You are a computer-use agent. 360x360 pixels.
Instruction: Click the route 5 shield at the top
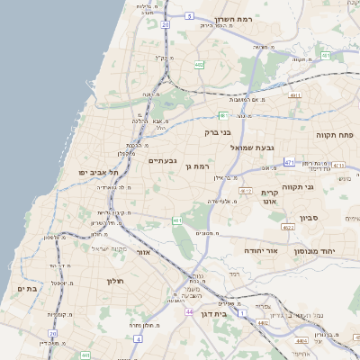[189, 15]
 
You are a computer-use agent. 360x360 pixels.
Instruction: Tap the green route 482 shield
[198, 64]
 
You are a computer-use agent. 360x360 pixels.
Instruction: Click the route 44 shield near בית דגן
[189, 311]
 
